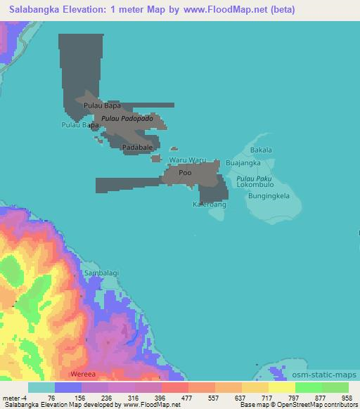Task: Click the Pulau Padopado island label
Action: point(127,119)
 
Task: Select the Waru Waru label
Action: point(187,160)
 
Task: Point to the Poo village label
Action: point(185,172)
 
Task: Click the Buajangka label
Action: point(244,163)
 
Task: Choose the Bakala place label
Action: point(261,150)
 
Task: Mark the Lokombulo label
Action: point(255,187)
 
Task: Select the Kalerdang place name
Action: point(210,204)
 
